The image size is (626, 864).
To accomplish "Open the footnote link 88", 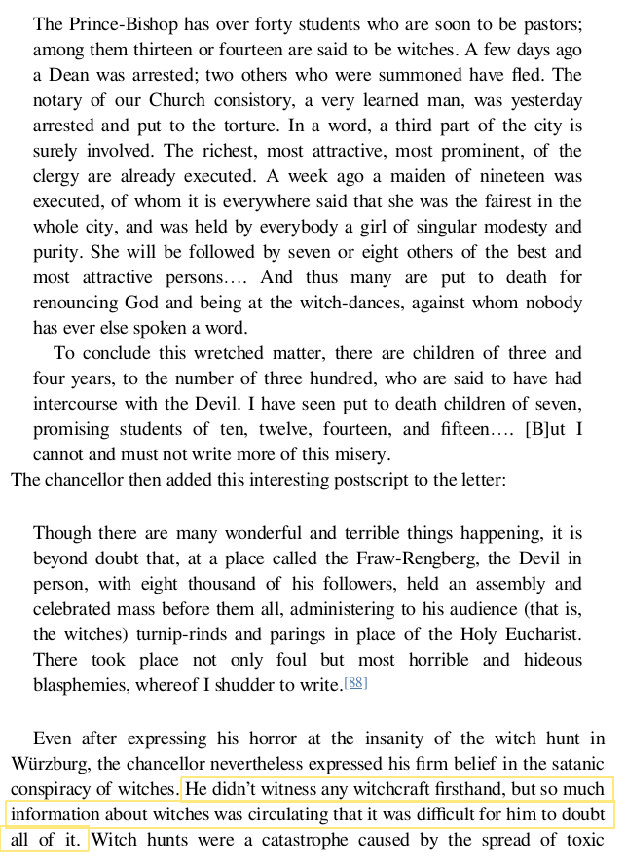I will click(355, 684).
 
